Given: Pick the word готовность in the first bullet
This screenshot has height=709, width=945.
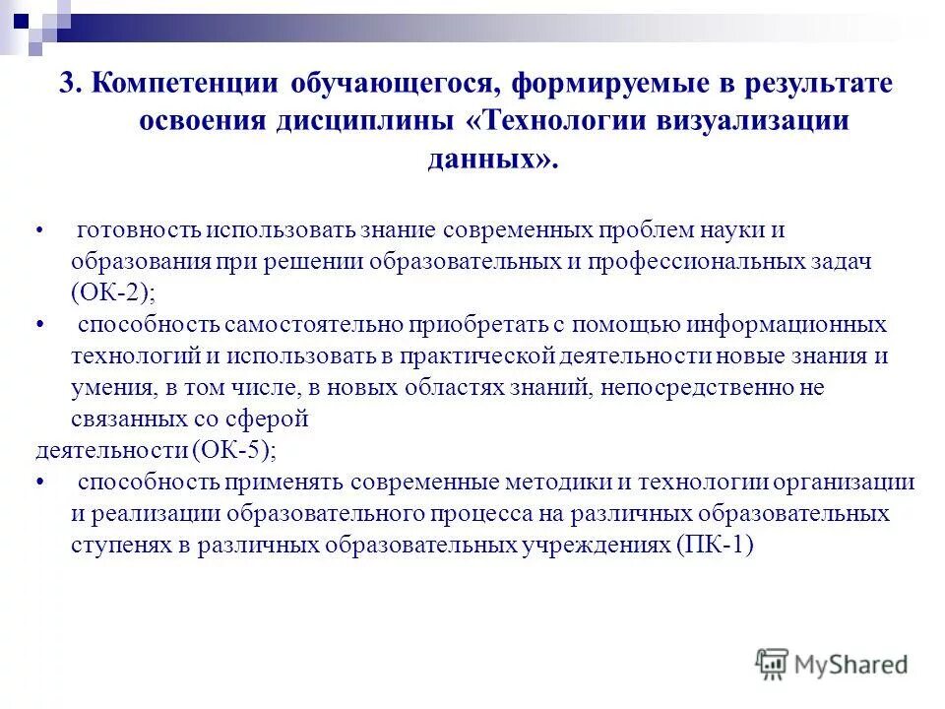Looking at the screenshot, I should (139, 230).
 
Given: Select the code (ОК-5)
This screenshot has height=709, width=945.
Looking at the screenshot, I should (233, 450).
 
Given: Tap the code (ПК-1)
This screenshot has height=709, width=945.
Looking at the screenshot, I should (714, 546).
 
